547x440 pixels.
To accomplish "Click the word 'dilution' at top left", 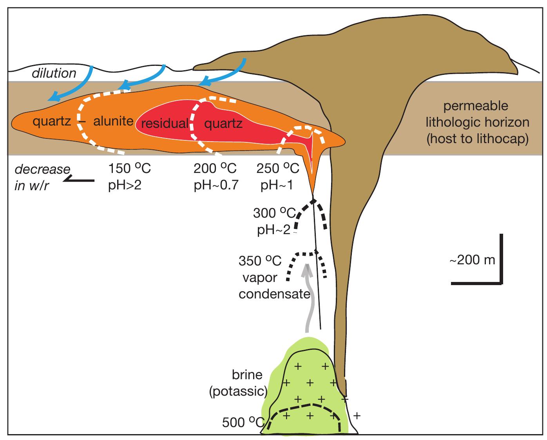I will [x=54, y=73].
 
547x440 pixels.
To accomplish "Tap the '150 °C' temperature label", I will [x=129, y=169].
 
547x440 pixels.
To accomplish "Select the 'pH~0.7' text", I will [x=216, y=185].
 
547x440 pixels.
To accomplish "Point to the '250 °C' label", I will [x=278, y=169].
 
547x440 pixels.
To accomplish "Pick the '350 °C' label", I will [x=260, y=261].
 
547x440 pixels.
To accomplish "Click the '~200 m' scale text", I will [x=472, y=260].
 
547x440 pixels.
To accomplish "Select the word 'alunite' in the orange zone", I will [x=114, y=121].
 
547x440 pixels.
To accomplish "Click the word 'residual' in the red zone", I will [x=165, y=124].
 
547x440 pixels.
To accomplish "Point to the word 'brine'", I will [x=247, y=375].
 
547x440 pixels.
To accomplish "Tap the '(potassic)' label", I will [x=238, y=391].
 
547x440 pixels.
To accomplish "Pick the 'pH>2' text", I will [x=124, y=185].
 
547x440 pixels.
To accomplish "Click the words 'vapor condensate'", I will [x=274, y=286].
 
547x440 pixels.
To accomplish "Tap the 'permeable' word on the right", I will [x=476, y=106].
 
